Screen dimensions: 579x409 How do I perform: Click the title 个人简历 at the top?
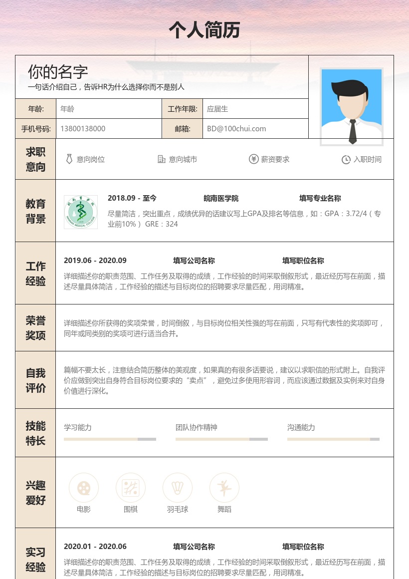click(x=204, y=30)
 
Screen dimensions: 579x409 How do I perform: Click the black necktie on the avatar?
click(x=353, y=131)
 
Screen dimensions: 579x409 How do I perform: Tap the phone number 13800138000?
click(x=83, y=129)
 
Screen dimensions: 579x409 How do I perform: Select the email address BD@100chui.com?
click(x=236, y=129)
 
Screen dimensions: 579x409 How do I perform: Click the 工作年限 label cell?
click(x=183, y=109)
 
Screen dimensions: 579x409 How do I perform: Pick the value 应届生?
click(x=217, y=109)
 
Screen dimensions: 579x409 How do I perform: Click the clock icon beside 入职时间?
click(x=346, y=160)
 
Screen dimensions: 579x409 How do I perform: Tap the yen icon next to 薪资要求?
click(x=253, y=159)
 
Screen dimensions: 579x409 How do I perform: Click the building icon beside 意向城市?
click(x=162, y=159)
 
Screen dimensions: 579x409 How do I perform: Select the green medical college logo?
click(x=81, y=212)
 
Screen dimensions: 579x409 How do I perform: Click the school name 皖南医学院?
click(x=221, y=198)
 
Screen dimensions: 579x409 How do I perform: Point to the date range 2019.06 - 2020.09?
click(x=95, y=261)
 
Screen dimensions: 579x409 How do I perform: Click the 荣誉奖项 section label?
click(x=35, y=328)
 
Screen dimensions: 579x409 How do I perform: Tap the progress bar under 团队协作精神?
click(x=221, y=439)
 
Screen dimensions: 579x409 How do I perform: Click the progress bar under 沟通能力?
click(x=333, y=439)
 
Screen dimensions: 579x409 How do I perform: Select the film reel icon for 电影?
click(x=84, y=488)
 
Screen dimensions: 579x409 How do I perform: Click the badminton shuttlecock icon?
click(x=178, y=488)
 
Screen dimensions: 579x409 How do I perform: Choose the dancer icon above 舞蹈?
click(x=224, y=488)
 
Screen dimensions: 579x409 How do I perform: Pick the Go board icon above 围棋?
click(x=131, y=488)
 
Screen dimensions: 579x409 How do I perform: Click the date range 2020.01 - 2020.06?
click(x=95, y=547)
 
